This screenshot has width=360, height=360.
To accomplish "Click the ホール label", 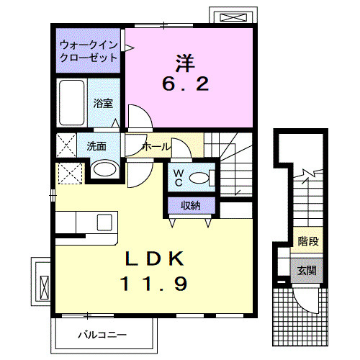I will tap(157, 146).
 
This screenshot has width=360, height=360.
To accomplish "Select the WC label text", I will tap(178, 176).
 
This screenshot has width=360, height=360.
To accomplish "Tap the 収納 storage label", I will tap(191, 207).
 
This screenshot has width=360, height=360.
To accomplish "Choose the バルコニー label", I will tap(102, 335).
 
